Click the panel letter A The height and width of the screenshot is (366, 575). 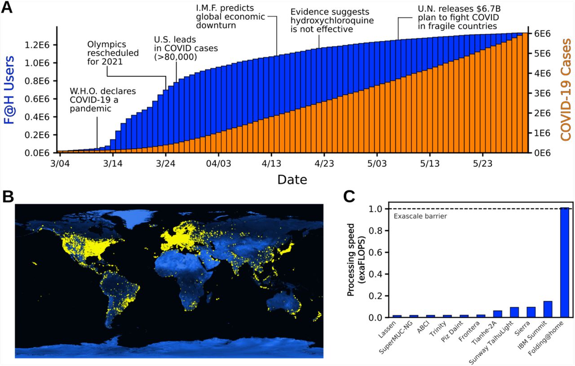click(8, 9)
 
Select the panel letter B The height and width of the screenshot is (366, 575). click(8, 196)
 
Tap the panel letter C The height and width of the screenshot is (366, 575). click(349, 196)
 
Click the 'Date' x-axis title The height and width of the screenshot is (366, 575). click(292, 180)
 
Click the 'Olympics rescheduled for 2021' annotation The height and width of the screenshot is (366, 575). click(113, 53)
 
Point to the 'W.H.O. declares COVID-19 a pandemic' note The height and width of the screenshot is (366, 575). click(103, 100)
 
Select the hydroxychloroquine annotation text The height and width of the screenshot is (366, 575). click(332, 21)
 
